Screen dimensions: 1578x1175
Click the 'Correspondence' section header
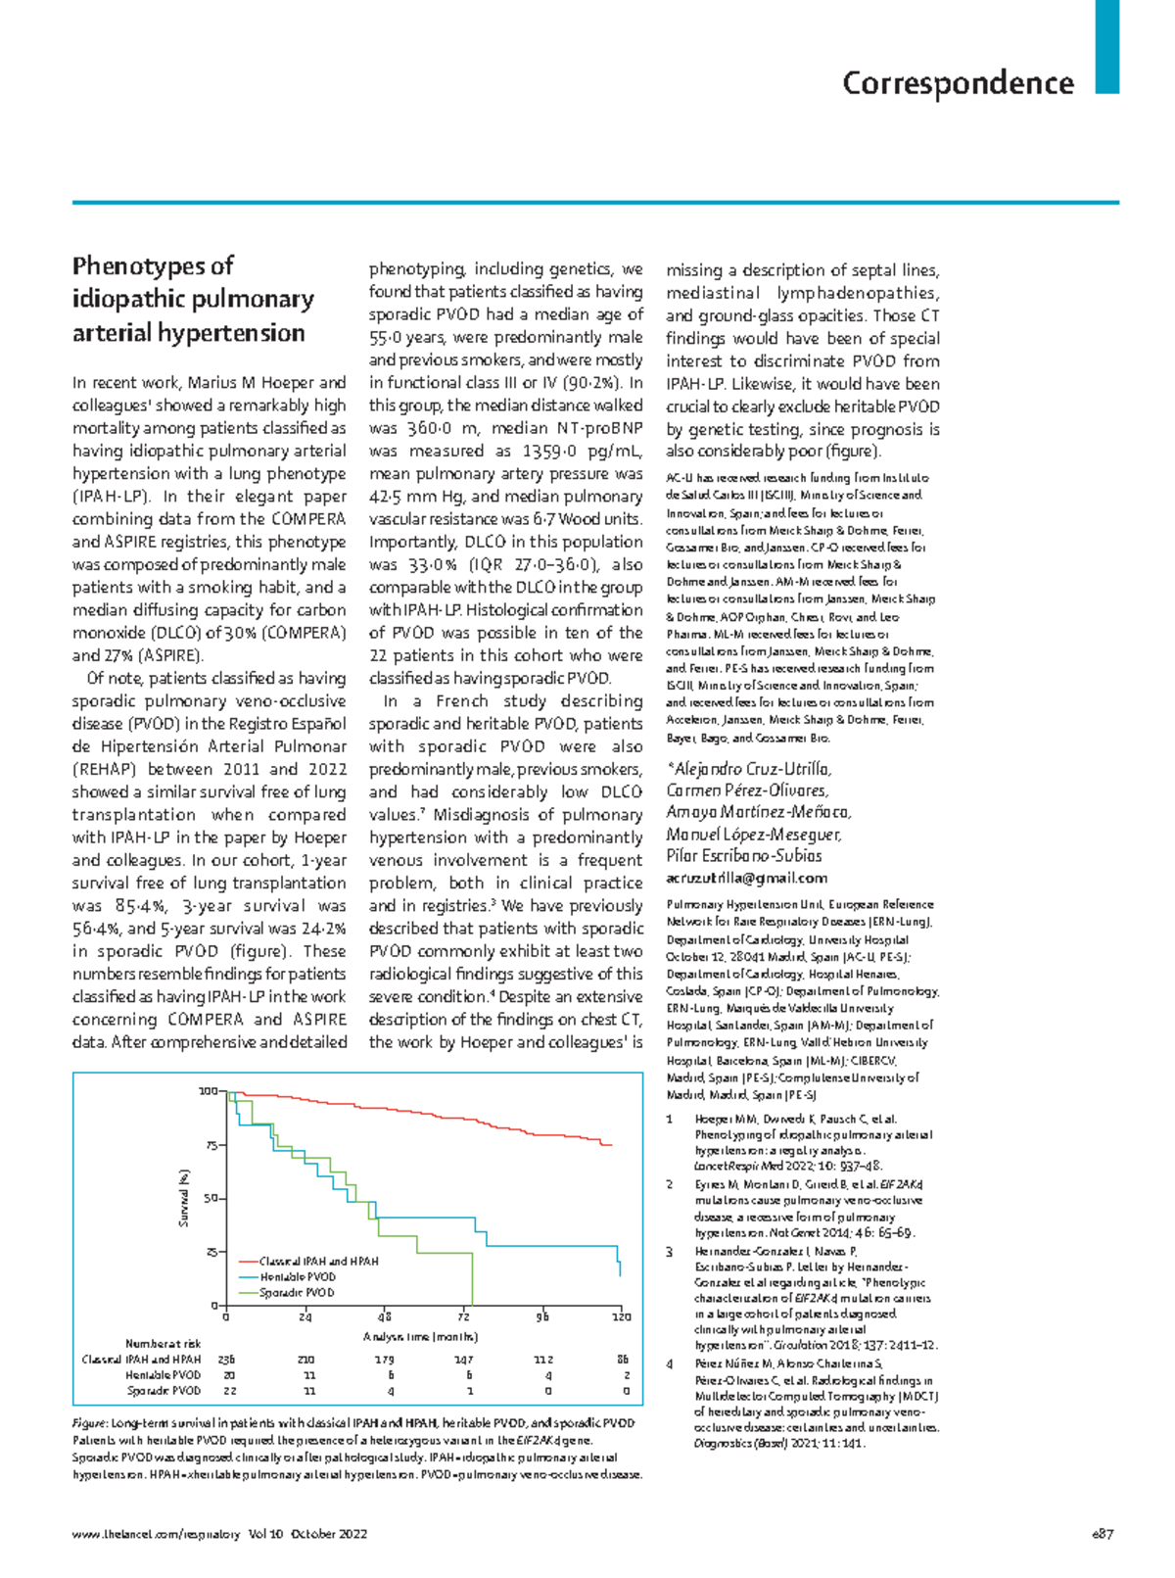point(958,83)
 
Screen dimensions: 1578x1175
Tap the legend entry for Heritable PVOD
point(298,1277)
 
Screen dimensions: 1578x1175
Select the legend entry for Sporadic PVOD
point(297,1293)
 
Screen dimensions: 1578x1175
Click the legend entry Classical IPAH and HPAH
point(318,1262)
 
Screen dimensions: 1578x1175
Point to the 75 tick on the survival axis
point(211,1145)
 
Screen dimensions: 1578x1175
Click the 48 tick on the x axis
point(384,1317)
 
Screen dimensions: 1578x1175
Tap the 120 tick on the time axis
point(621,1317)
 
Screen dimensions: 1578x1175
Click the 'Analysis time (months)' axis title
point(421,1336)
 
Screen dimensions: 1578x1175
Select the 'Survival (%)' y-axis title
point(183,1198)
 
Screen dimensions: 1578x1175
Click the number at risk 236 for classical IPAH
point(226,1360)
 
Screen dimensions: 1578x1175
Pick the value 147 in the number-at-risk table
point(463,1360)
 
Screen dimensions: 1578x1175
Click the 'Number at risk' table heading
point(163,1344)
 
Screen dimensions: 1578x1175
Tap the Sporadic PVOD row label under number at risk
point(164,1391)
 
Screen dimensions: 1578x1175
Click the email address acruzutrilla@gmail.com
point(746,878)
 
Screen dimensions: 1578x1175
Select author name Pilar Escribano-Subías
point(743,855)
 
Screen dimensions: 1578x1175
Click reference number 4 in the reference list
point(670,1363)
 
